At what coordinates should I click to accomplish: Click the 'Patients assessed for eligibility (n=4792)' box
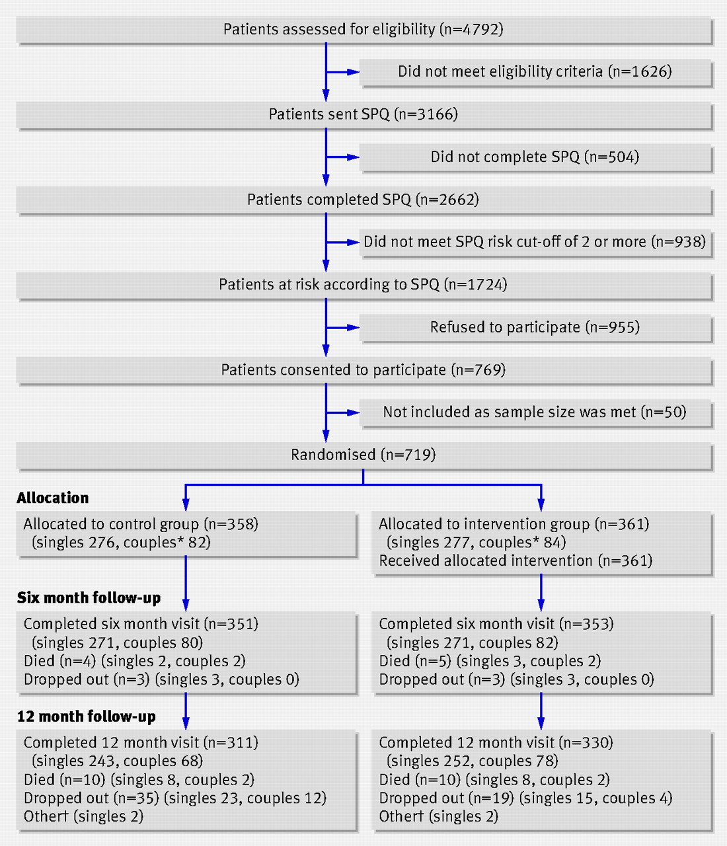(x=363, y=30)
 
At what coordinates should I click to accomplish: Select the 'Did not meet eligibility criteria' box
(x=535, y=73)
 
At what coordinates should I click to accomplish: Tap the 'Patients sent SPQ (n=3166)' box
(x=363, y=115)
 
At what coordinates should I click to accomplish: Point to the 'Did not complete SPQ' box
(x=535, y=157)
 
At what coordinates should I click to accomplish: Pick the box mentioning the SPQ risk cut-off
(x=535, y=243)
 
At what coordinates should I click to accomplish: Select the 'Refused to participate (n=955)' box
(x=535, y=328)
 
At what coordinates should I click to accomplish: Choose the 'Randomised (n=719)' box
(x=363, y=455)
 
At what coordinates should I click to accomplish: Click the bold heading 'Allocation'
(x=53, y=498)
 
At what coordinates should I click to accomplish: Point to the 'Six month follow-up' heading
(x=89, y=598)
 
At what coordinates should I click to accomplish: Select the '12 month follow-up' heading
(x=87, y=716)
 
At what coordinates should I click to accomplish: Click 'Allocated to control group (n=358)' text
(x=141, y=524)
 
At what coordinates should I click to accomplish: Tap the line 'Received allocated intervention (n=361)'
(x=516, y=560)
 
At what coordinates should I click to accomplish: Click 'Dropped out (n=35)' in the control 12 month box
(x=91, y=798)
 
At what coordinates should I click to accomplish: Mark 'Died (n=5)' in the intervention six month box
(x=415, y=661)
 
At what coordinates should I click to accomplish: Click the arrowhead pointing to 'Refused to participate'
(x=354, y=328)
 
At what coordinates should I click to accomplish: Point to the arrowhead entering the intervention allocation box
(x=541, y=505)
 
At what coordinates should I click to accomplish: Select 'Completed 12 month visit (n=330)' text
(x=496, y=743)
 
